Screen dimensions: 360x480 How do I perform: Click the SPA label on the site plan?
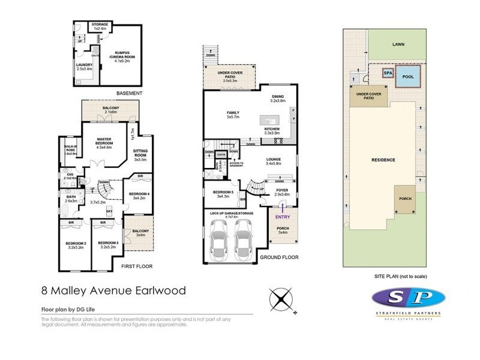(388, 73)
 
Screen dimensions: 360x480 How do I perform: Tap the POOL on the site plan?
(408, 77)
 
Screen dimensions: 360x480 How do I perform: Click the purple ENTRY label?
(283, 217)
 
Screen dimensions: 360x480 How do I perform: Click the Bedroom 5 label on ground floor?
(221, 194)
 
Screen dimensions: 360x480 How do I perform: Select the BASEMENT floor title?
(129, 94)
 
